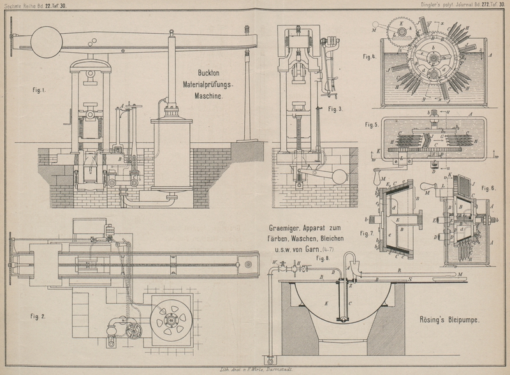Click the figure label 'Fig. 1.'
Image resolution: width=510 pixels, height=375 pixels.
39,90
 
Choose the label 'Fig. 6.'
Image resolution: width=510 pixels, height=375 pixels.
488,188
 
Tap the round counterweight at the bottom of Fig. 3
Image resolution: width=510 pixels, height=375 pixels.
339,176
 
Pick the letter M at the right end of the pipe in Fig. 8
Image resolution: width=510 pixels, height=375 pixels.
460,275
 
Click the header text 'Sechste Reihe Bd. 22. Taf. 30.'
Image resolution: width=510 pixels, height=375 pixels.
37,5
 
